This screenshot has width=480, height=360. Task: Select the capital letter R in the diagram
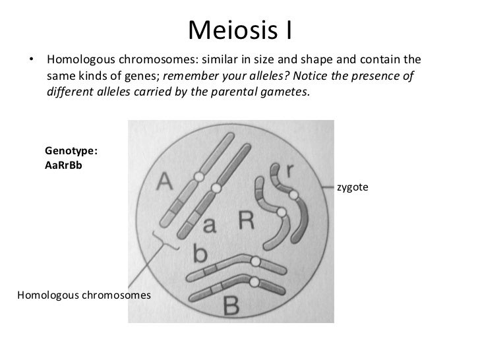click(246, 221)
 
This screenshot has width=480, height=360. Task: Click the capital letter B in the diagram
click(232, 305)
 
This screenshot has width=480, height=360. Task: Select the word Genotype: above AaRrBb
click(71, 151)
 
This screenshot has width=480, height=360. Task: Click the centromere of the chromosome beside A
click(200, 177)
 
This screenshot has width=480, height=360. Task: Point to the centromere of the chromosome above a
click(217, 189)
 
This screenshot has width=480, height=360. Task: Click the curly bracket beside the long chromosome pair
click(165, 243)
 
